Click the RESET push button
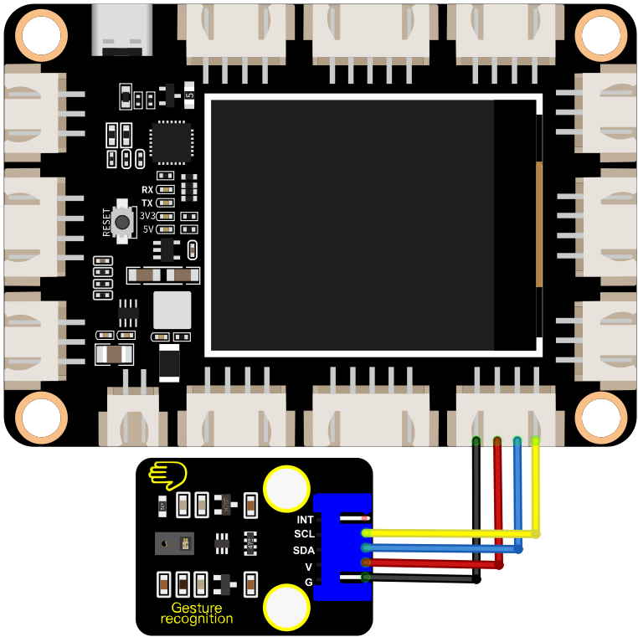click(x=122, y=222)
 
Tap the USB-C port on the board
click(x=122, y=30)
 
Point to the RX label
click(x=147, y=189)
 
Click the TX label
click(x=147, y=203)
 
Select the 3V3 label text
click(x=147, y=216)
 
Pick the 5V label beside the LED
click(x=148, y=229)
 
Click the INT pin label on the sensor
click(x=305, y=520)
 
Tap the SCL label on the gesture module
click(x=305, y=534)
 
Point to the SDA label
click(x=304, y=550)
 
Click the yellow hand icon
click(x=167, y=475)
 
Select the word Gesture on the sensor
click(x=197, y=608)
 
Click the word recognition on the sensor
click(x=197, y=619)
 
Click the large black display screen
click(x=373, y=225)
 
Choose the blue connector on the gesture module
click(x=342, y=547)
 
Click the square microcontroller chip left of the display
click(x=172, y=142)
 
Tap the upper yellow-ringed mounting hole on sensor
click(x=287, y=489)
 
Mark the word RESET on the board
click(x=106, y=222)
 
